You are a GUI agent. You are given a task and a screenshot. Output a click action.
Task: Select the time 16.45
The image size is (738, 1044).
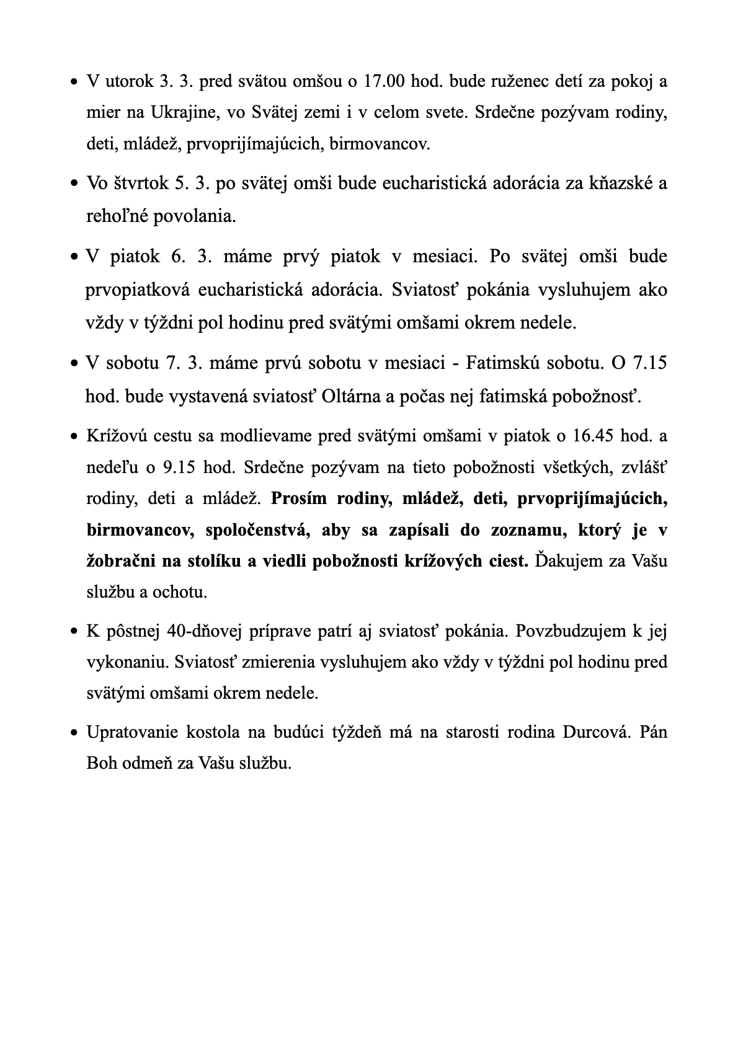594,436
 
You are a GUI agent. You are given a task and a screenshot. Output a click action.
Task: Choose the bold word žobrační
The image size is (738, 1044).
121,561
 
